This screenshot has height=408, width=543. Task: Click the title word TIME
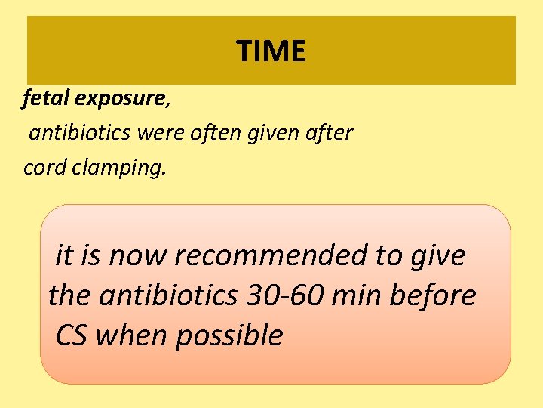(x=271, y=51)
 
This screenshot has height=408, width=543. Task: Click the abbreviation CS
(x=71, y=335)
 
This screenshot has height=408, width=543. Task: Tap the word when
(x=131, y=335)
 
